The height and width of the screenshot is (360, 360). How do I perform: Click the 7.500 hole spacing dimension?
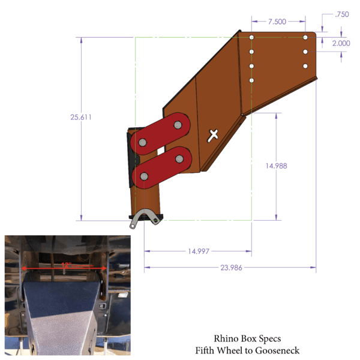pyautogui.click(x=277, y=22)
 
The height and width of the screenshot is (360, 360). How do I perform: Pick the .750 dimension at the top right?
pyautogui.click(x=342, y=14)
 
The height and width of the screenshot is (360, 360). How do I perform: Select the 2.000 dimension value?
pyautogui.click(x=342, y=43)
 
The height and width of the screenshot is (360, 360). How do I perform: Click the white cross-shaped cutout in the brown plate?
pyautogui.click(x=212, y=135)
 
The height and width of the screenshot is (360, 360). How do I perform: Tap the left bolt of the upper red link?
pyautogui.click(x=143, y=142)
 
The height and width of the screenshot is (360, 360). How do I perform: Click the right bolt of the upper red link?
pyautogui.click(x=178, y=124)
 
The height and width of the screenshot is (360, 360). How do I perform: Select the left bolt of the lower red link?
pyautogui.click(x=144, y=177)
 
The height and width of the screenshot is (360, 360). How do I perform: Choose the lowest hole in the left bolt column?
pyautogui.click(x=252, y=80)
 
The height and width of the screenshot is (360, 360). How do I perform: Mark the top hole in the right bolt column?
pyautogui.click(x=305, y=37)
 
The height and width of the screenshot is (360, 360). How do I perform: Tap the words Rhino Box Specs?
pyautogui.click(x=247, y=338)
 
